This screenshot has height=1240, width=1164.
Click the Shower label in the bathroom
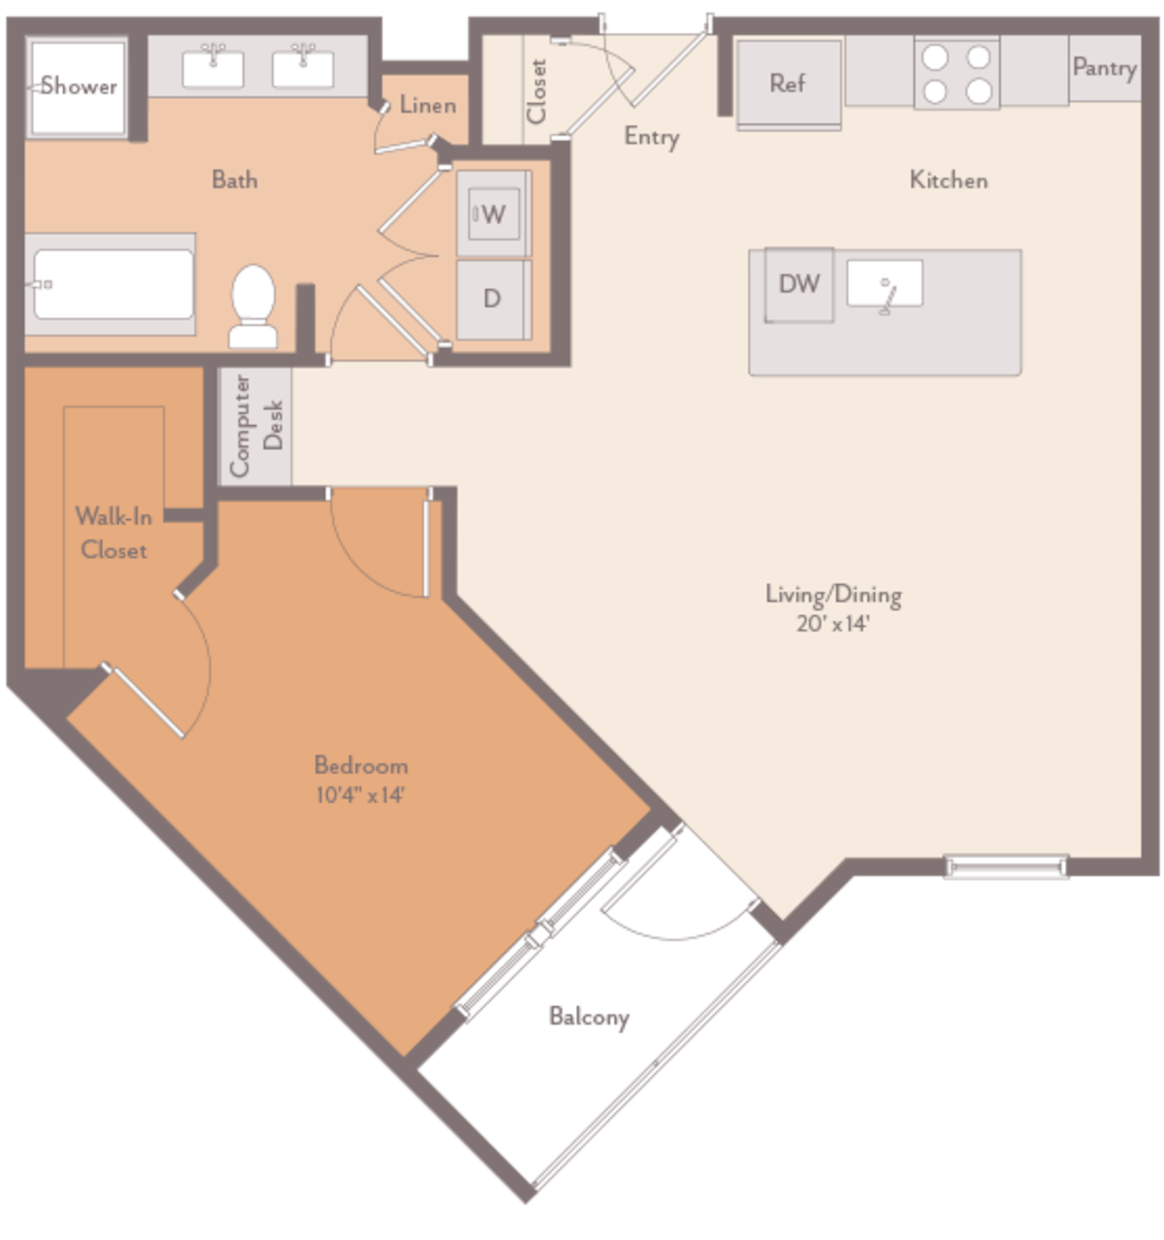(x=79, y=86)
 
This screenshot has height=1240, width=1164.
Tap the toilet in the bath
(x=253, y=305)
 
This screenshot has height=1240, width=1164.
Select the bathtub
(x=113, y=284)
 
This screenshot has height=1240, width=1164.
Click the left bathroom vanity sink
(x=213, y=67)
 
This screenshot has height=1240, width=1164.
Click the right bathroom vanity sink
(x=303, y=67)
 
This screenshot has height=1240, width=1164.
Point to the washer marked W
(x=493, y=213)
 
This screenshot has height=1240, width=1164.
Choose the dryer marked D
(x=493, y=298)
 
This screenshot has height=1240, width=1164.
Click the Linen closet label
(x=428, y=105)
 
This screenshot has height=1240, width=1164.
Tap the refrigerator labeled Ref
(x=788, y=83)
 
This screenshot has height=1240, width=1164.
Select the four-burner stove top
(x=956, y=74)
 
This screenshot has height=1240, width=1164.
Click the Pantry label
(x=1104, y=68)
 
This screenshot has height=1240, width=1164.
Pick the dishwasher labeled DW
(x=799, y=284)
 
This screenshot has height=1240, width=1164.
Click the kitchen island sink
(x=885, y=284)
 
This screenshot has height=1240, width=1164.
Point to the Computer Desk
(x=255, y=426)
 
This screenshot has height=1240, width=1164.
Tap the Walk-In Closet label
(x=113, y=533)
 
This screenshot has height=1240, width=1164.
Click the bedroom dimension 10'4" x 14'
(x=360, y=796)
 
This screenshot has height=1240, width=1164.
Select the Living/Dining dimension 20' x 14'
(x=832, y=624)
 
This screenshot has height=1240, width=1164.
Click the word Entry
(x=651, y=137)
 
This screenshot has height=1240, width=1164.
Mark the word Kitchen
(x=948, y=179)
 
